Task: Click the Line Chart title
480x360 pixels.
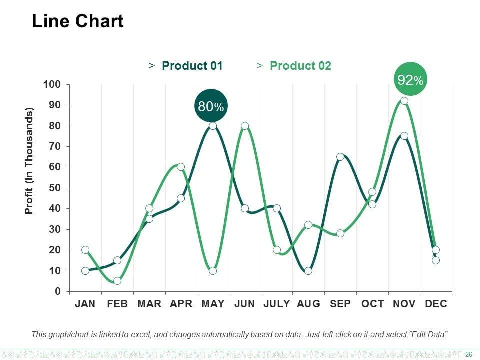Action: click(77, 22)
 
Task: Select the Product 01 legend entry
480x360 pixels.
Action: click(192, 66)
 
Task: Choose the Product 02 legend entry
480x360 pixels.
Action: click(300, 66)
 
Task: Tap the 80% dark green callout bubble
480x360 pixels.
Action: click(211, 106)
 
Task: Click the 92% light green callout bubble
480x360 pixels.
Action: click(410, 79)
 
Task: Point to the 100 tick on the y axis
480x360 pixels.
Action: click(52, 84)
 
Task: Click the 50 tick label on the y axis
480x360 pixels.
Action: click(54, 188)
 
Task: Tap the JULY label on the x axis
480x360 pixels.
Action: click(276, 304)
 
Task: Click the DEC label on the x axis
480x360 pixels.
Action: click(436, 304)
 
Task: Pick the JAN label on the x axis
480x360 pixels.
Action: click(85, 304)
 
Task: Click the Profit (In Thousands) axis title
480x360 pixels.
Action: click(29, 161)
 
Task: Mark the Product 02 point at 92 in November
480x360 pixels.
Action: click(404, 101)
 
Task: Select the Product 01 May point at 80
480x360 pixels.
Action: click(213, 126)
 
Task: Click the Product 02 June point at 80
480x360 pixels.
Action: click(245, 126)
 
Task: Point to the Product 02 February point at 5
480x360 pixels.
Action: click(117, 281)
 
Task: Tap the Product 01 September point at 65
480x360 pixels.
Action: click(340, 157)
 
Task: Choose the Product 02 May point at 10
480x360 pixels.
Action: click(213, 271)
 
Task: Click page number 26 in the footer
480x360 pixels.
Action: click(469, 354)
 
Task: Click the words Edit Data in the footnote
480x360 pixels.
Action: click(425, 334)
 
